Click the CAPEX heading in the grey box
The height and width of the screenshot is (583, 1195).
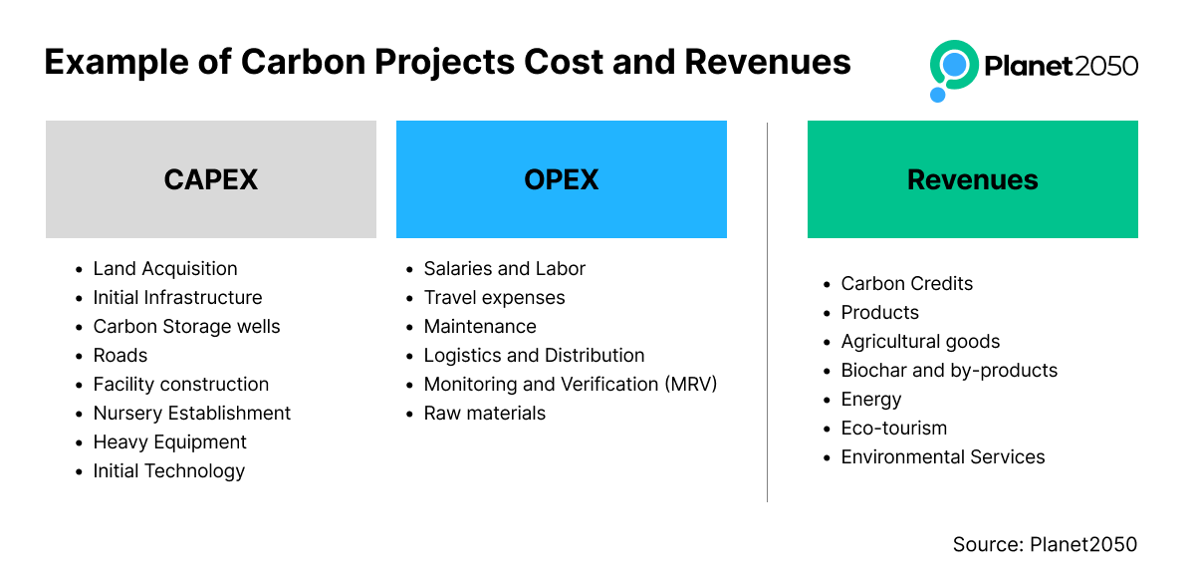211,179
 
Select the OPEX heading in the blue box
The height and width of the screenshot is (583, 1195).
562,179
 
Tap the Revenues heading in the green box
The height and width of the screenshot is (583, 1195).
973,179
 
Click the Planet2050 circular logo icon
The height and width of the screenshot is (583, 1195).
953,70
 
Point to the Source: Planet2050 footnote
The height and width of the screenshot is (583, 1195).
1045,544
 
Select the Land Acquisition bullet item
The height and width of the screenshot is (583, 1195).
165,268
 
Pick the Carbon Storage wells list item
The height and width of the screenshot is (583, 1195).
186,326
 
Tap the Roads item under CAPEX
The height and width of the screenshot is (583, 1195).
120,355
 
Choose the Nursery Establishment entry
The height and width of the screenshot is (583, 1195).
191,414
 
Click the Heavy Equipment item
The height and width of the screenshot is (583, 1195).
169,442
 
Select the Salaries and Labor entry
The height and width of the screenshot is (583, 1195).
504,268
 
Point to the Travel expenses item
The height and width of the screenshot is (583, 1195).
494,297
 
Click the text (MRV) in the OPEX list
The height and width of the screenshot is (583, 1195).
690,385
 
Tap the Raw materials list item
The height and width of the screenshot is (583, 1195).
484,414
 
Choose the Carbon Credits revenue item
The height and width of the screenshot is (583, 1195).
907,283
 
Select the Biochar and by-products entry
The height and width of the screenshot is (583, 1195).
949,370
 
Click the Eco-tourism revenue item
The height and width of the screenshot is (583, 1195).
894,429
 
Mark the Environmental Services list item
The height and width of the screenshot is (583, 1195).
943,457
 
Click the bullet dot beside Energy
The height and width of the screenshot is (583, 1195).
827,400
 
